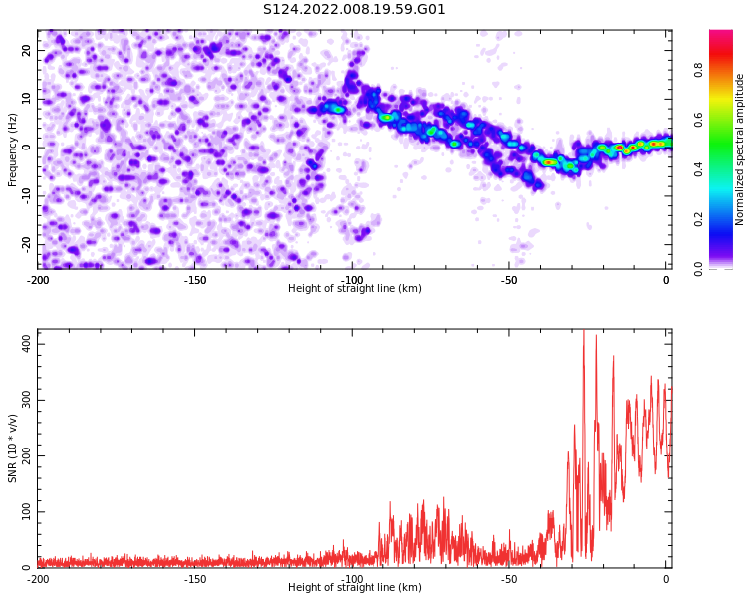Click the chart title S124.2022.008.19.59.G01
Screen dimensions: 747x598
click(x=354, y=10)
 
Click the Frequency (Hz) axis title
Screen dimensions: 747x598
click(x=12, y=149)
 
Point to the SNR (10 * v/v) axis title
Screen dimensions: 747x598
click(x=12, y=448)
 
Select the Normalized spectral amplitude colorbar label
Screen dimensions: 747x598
click(x=739, y=149)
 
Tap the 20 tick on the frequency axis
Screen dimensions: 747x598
click(x=26, y=51)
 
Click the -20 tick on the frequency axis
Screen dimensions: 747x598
click(x=26, y=244)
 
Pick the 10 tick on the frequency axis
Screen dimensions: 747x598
click(x=26, y=99)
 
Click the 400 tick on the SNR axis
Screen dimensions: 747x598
click(x=26, y=344)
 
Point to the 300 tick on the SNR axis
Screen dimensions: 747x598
click(x=26, y=400)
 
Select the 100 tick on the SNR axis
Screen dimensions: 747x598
click(x=26, y=511)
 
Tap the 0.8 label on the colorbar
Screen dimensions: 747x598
click(x=698, y=71)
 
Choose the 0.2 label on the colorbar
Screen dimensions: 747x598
click(x=698, y=219)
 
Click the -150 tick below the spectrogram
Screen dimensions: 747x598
click(x=195, y=280)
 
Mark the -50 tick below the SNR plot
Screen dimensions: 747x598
click(x=509, y=579)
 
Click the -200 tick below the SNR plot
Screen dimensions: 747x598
click(x=38, y=579)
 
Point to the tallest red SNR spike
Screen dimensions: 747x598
click(x=584, y=331)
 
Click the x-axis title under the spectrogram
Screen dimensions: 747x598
click(x=355, y=288)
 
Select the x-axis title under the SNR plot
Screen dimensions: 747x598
click(x=355, y=587)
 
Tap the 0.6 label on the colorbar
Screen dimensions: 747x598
click(x=698, y=120)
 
